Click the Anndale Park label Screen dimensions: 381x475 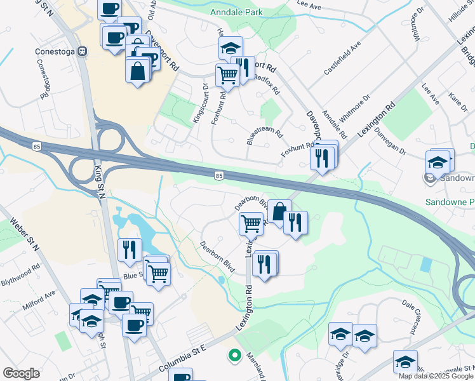coord(237,11)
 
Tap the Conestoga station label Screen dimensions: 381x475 coord(48,51)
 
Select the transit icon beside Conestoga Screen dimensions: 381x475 coord(82,52)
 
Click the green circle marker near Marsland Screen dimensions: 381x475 coord(234,356)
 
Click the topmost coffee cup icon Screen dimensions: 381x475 coord(109,8)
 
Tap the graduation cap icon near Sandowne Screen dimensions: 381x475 coord(438,163)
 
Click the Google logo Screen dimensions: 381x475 coord(21,373)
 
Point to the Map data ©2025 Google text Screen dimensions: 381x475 coord(436,376)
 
